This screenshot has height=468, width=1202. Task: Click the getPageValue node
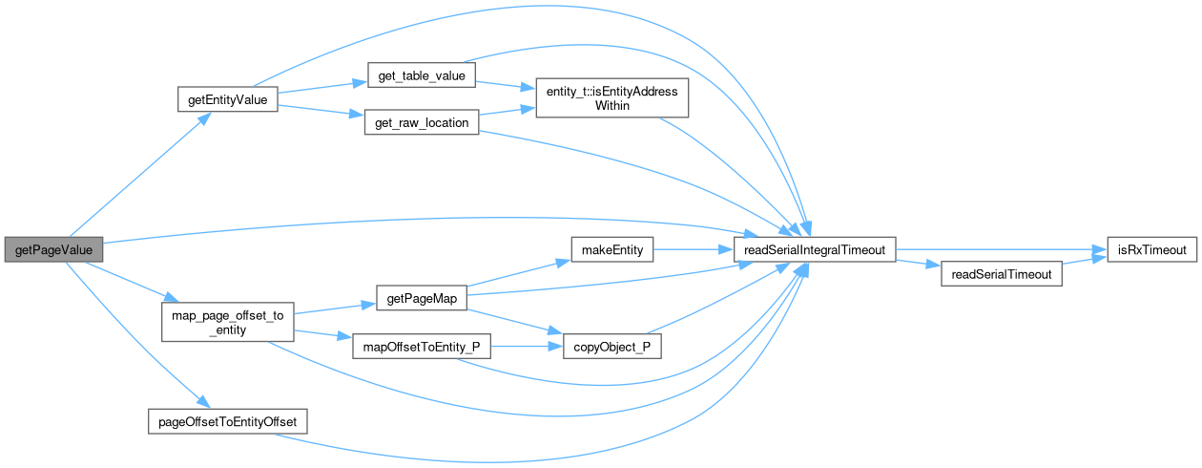53,250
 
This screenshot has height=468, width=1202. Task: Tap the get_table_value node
421,76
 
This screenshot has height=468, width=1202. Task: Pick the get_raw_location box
421,124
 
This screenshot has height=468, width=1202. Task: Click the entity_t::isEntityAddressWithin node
611,99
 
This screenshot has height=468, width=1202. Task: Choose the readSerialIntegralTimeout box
815,250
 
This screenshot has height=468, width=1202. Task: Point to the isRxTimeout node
1150,250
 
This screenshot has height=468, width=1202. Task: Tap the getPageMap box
422,299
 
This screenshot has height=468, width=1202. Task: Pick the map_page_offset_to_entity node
228,322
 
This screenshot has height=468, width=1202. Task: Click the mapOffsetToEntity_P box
422,347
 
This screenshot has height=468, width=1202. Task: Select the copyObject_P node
612,347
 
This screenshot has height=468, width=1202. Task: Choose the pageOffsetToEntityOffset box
228,421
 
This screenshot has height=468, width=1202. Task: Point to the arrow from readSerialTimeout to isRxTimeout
1083,263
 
